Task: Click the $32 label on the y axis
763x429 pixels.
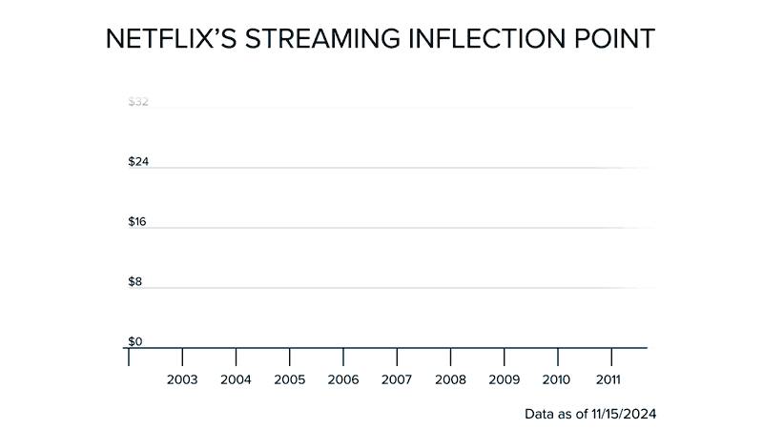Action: pyautogui.click(x=138, y=101)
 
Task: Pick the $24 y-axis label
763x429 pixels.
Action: pyautogui.click(x=138, y=161)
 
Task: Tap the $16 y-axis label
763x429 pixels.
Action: pyautogui.click(x=138, y=221)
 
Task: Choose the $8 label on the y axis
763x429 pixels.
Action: pyautogui.click(x=136, y=281)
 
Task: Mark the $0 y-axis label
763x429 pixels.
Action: pyautogui.click(x=135, y=341)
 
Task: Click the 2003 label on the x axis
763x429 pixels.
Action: pyautogui.click(x=182, y=379)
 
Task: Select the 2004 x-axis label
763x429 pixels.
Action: pyautogui.click(x=236, y=379)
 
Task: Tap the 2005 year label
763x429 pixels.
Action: pyautogui.click(x=289, y=379)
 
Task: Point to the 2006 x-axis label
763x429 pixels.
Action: pyautogui.click(x=342, y=379)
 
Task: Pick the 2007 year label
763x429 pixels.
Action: pyautogui.click(x=396, y=379)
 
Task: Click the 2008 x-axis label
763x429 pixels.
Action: pyautogui.click(x=449, y=379)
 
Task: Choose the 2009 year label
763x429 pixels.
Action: pyautogui.click(x=503, y=379)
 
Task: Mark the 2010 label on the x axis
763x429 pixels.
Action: pyautogui.click(x=556, y=379)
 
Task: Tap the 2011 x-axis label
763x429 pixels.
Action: pyautogui.click(x=609, y=379)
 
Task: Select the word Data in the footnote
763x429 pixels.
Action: pyautogui.click(x=540, y=415)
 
